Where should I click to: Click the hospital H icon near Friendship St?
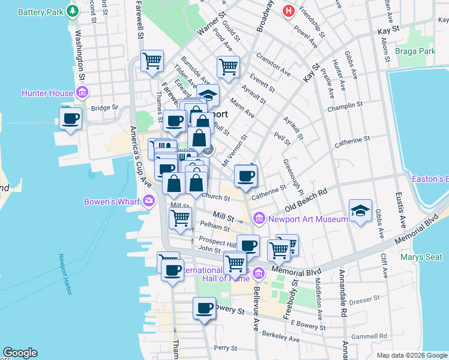pyautogui.click(x=289, y=10)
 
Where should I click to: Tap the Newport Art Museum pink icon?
pyautogui.click(x=259, y=218)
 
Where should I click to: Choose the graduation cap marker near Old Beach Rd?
pyautogui.click(x=360, y=211)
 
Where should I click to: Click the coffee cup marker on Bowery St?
pyautogui.click(x=204, y=308)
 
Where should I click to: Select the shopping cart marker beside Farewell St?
pyautogui.click(x=152, y=61)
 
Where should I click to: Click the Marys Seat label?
pyautogui.click(x=424, y=257)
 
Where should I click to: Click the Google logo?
pyautogui.click(x=20, y=353)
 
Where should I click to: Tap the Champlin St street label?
pyautogui.click(x=345, y=107)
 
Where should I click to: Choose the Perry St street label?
pyautogui.click(x=226, y=347)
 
